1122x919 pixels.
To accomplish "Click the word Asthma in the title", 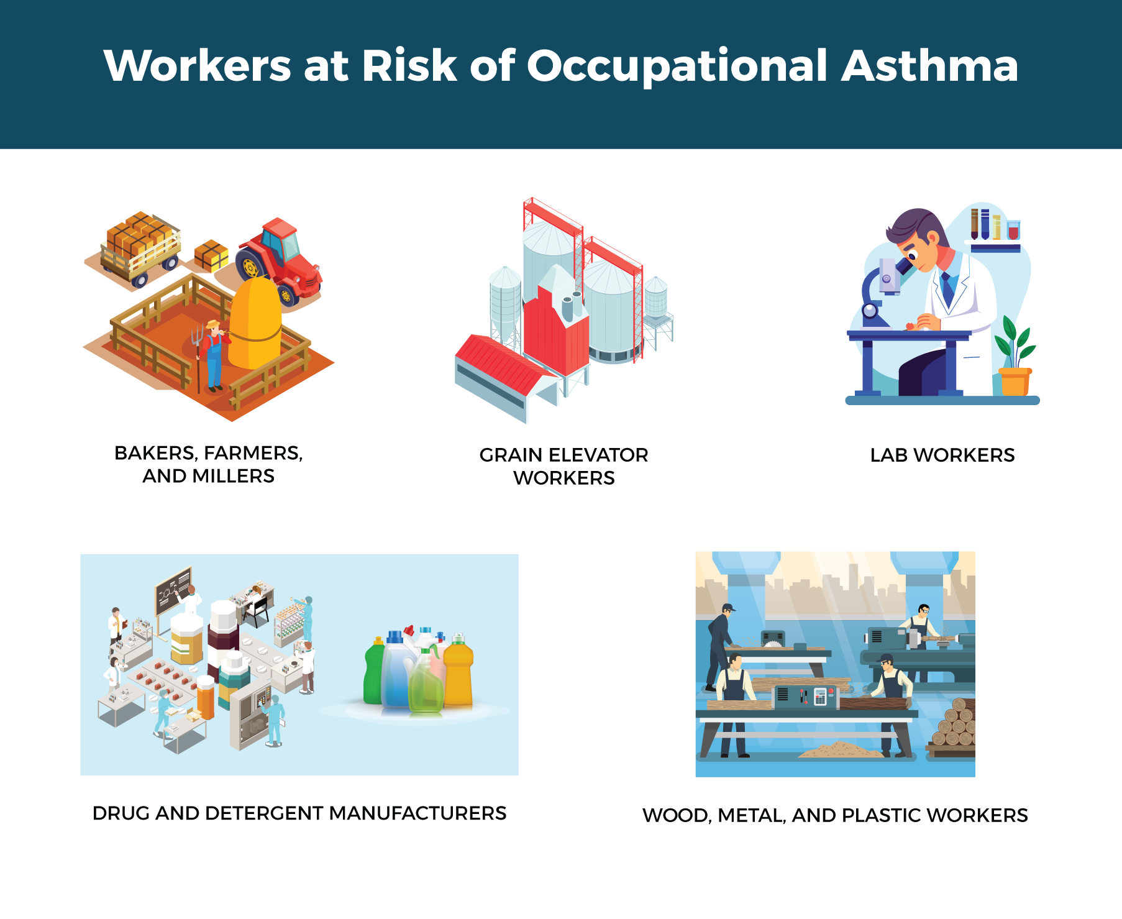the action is [x=929, y=65].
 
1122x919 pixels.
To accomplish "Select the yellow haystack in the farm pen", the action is [x=255, y=323].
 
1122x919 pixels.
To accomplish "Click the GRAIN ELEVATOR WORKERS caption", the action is [x=563, y=466].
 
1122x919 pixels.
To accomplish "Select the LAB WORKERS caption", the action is [x=942, y=455].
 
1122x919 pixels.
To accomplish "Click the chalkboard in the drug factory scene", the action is [x=173, y=590].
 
